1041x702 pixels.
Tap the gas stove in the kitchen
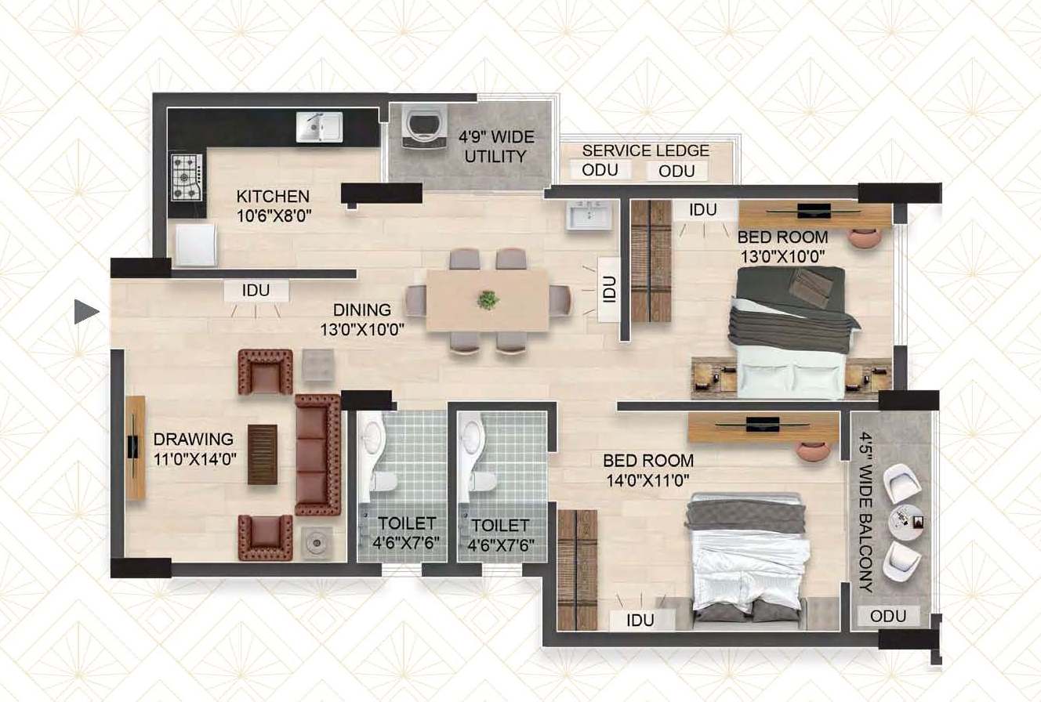(187, 178)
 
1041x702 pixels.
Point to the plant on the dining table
(488, 300)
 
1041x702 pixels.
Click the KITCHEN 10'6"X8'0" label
(274, 206)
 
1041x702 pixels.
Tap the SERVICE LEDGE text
(645, 150)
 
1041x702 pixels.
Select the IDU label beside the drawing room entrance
(256, 291)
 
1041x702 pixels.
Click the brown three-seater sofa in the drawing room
(318, 455)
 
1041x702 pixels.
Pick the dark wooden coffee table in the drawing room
(263, 454)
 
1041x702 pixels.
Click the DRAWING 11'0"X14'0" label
(194, 449)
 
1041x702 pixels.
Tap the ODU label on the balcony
(888, 616)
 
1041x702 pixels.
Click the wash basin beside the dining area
(589, 215)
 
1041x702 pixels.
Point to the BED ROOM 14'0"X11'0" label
(648, 470)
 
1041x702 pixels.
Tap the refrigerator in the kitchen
(196, 245)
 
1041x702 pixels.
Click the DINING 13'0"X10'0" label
(362, 320)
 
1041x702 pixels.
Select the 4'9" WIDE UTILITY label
(496, 147)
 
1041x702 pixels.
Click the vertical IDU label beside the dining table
(609, 289)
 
